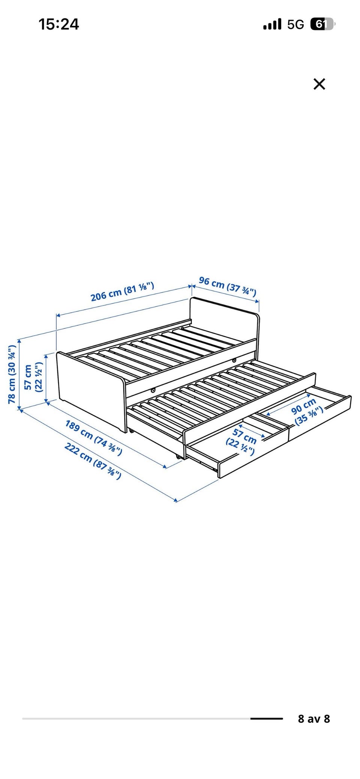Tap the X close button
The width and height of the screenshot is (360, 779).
point(319,84)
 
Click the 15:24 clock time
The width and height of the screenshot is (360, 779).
point(59,24)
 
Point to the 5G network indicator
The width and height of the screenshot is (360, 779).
point(295,25)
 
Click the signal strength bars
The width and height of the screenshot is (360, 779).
point(272,25)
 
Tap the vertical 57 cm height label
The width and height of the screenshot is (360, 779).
point(33,377)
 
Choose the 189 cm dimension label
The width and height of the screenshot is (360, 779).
point(93,437)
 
